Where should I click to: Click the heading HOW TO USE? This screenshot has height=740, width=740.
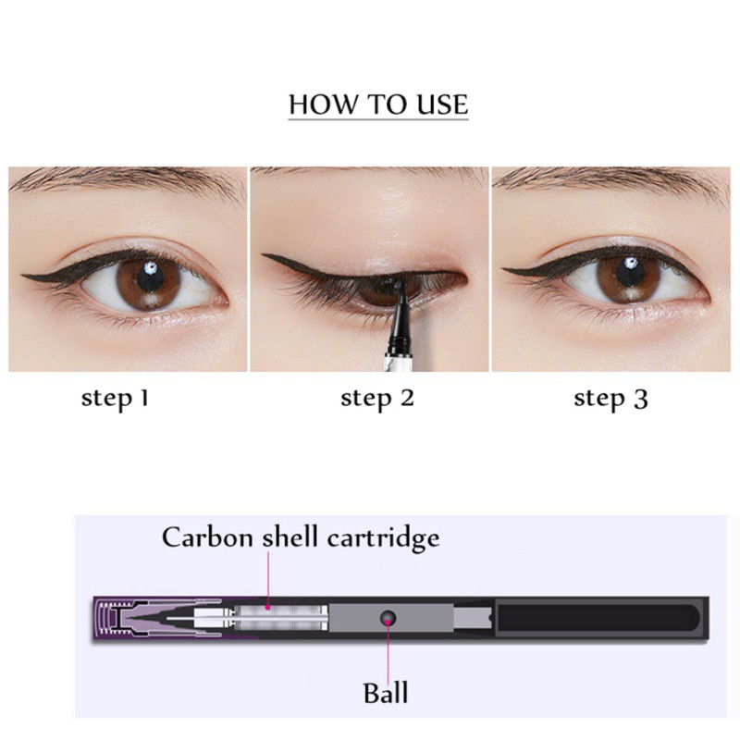[x=378, y=104]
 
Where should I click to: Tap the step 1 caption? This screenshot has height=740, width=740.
[x=116, y=399]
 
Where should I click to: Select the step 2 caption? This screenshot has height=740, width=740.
[x=377, y=399]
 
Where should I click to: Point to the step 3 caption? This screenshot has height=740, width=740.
[x=610, y=399]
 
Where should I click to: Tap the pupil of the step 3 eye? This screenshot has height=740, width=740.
[x=629, y=274]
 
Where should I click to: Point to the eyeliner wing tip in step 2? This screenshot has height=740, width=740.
[x=265, y=257]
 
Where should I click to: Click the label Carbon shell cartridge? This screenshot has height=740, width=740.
[x=301, y=537]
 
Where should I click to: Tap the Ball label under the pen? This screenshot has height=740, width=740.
[x=386, y=692]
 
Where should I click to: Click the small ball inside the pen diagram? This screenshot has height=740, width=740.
[x=388, y=615]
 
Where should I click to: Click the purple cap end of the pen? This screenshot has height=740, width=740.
[x=116, y=618]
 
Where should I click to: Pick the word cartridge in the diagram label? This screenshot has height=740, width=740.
[x=388, y=537]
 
